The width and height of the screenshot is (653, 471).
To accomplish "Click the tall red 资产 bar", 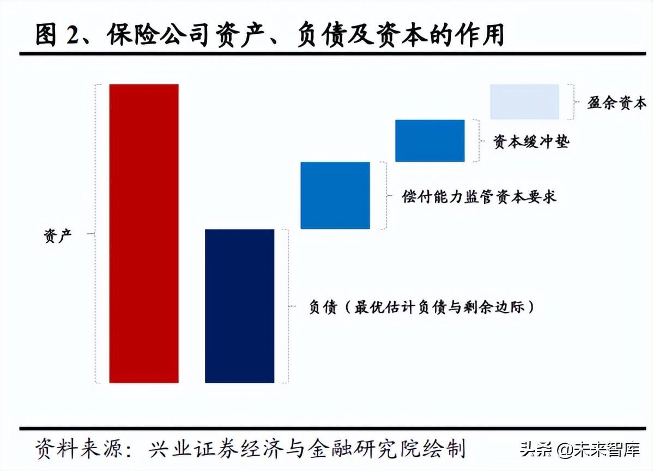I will click(144, 233).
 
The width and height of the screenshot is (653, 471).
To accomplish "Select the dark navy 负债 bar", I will click(239, 306).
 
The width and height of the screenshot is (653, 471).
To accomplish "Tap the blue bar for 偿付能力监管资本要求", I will click(335, 195).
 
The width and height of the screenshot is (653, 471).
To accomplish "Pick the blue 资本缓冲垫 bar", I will click(430, 141).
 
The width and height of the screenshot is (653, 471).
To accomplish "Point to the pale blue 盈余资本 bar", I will click(524, 101).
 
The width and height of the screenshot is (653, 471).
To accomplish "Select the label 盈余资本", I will click(616, 103).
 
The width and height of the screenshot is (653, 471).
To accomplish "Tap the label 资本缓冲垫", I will click(531, 142).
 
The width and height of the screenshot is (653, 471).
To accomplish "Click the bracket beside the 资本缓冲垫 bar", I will click(477, 141).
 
